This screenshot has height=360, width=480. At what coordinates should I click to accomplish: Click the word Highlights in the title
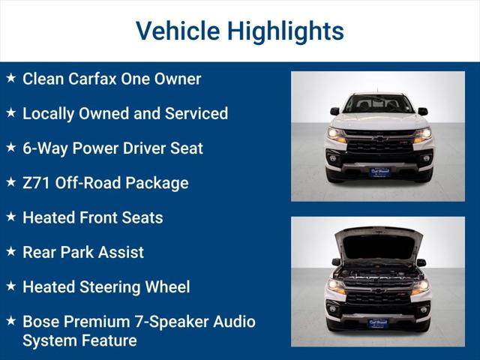pos(285,31)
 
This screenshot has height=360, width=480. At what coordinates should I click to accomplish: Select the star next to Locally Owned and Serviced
pos(10,112)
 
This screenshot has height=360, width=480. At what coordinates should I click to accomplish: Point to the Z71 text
pos(37,183)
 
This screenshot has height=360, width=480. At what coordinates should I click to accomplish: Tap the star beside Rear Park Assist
pos(10,251)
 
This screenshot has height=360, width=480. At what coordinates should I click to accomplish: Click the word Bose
pos(41,322)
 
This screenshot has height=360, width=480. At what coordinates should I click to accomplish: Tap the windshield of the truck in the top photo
pos(378,103)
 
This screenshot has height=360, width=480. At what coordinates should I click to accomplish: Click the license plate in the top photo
pos(379,172)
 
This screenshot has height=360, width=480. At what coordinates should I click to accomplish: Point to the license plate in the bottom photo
pos(378,322)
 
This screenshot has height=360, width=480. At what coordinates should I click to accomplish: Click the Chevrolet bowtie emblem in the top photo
pos(379,139)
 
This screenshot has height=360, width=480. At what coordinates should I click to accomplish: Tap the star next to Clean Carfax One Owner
pos(10,78)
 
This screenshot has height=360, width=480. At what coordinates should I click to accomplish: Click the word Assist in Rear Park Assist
pos(120,252)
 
